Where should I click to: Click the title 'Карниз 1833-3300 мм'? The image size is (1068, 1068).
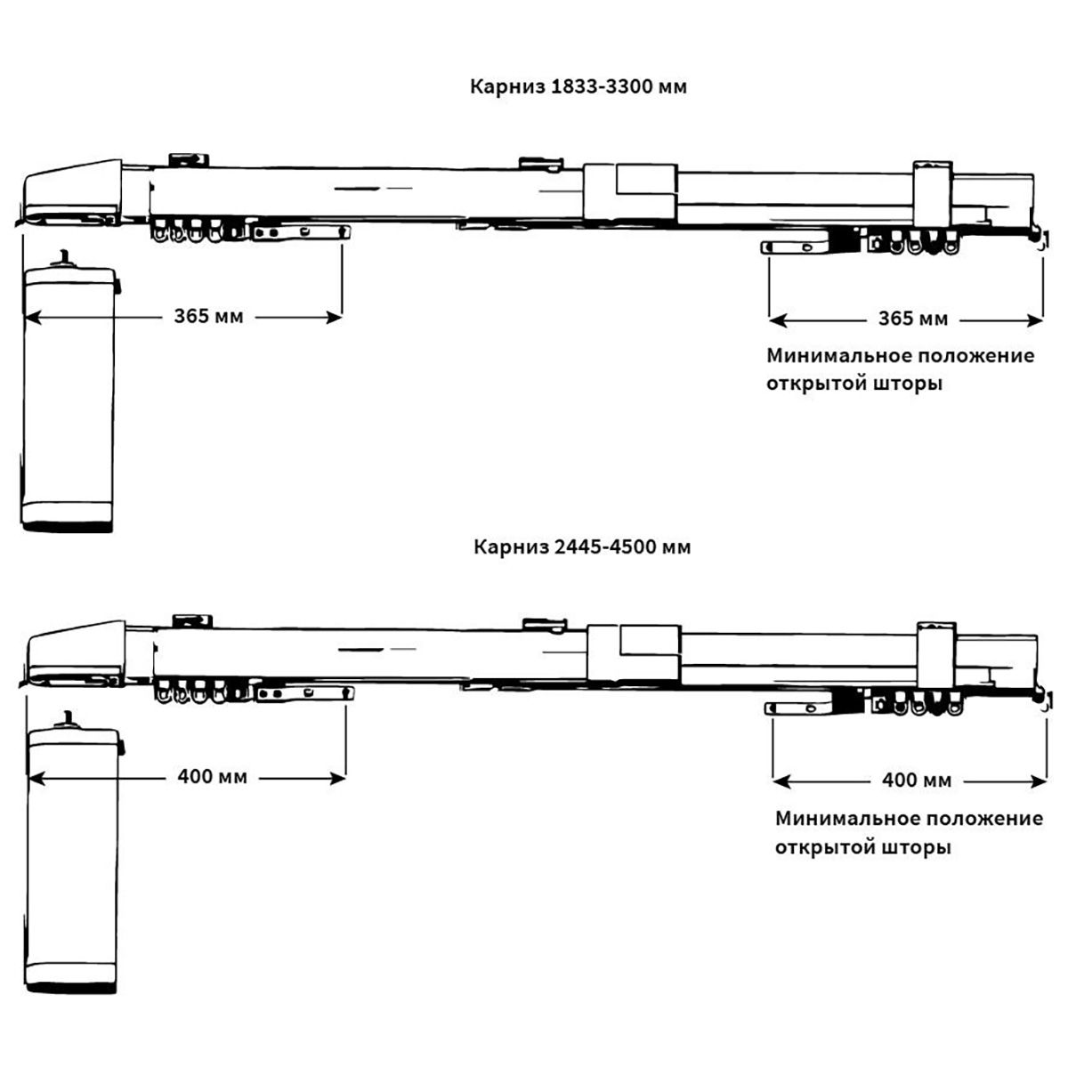[578, 87]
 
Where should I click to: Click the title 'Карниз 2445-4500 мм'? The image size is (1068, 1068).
[582, 546]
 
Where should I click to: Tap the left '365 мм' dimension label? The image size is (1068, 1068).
[208, 317]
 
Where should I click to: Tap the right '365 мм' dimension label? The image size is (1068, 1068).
[913, 319]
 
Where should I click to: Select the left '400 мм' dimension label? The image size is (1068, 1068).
[212, 777]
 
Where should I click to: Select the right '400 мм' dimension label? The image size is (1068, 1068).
[917, 781]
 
